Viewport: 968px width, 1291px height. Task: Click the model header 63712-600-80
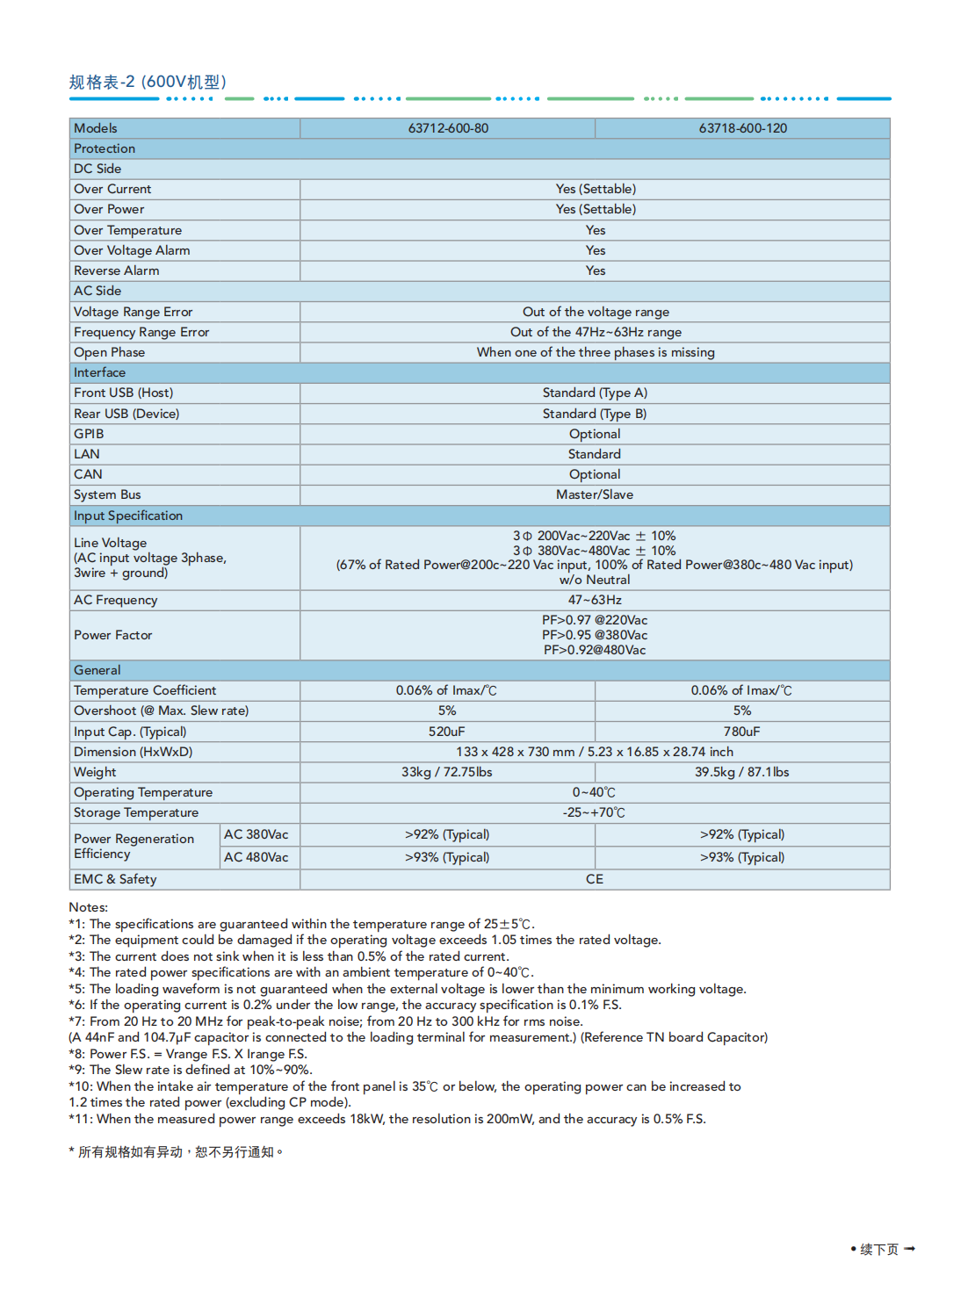coord(448,128)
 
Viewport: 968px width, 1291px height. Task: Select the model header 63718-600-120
coord(742,128)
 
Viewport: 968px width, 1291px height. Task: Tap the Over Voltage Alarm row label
coord(132,250)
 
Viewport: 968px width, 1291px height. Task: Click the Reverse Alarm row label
coord(117,270)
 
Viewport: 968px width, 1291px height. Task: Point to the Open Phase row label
coord(110,352)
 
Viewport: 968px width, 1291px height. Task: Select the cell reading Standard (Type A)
coord(595,393)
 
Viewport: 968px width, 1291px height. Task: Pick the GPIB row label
coord(89,434)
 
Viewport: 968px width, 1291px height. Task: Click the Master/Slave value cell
coord(595,494)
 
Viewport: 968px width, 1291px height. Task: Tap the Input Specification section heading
coord(128,516)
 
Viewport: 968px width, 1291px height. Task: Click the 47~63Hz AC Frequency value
coord(595,600)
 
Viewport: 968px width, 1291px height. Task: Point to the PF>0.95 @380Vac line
coord(595,635)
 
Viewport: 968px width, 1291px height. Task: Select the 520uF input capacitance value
coord(447,732)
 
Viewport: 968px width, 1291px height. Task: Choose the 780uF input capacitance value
coord(742,732)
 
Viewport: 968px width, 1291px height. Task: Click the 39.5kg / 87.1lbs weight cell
coord(742,772)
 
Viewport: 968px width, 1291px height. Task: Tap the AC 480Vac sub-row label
coord(256,857)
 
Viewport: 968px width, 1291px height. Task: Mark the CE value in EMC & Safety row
coord(595,879)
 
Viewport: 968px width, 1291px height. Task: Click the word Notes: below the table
coord(89,907)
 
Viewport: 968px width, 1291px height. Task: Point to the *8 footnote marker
coord(76,1054)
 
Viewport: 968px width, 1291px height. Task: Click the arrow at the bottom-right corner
coord(909,1249)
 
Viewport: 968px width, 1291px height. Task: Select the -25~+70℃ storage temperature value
coord(595,812)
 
